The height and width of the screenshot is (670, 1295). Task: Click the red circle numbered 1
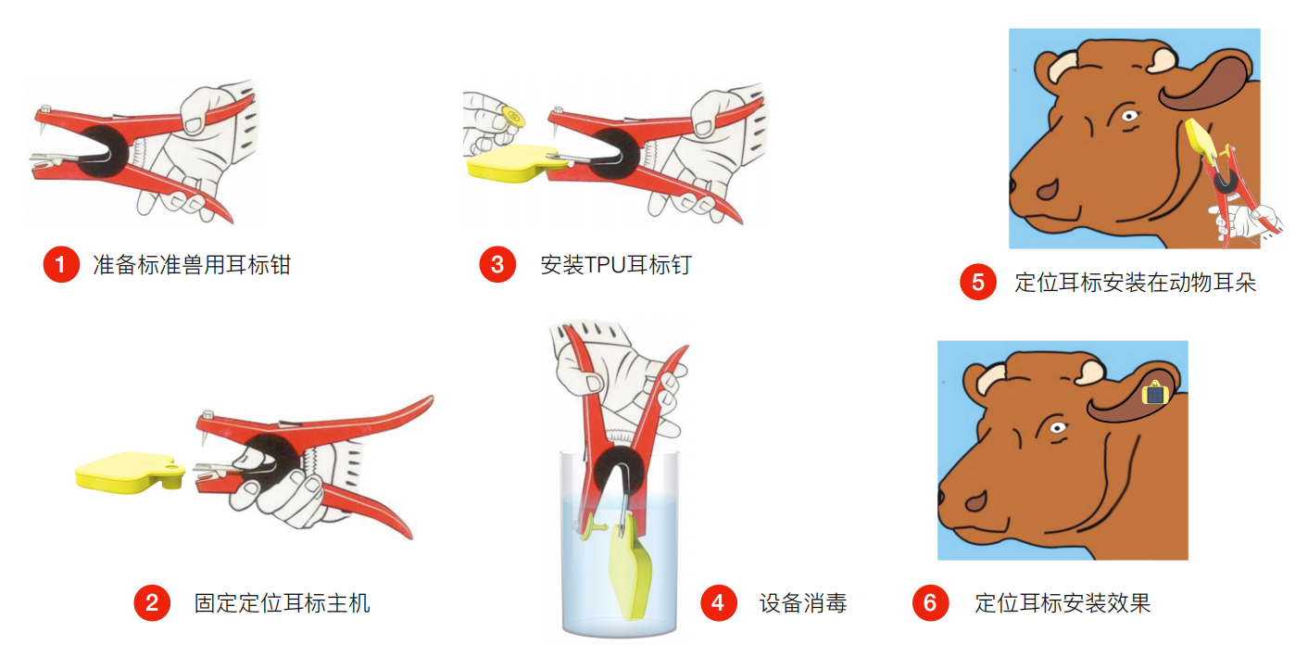[x=61, y=264]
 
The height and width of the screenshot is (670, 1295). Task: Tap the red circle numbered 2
[x=152, y=602]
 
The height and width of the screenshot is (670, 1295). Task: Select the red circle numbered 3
[x=497, y=264]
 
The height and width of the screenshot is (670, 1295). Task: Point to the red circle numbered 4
[x=719, y=602]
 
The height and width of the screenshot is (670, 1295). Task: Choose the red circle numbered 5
[x=978, y=282]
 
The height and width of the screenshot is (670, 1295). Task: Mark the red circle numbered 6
[x=930, y=602]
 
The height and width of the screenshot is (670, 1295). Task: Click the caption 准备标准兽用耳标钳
[x=192, y=265]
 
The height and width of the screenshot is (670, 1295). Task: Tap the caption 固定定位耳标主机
[x=283, y=603]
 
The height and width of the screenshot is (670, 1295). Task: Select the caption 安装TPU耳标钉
[x=616, y=265]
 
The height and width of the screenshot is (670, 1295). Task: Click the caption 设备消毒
[x=803, y=603]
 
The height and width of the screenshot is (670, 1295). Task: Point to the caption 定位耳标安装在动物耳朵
[x=1136, y=283]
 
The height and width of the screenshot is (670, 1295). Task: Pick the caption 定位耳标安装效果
[x=1062, y=603]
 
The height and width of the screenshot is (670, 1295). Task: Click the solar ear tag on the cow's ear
[x=1155, y=394]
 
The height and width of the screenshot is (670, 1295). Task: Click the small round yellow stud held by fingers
[x=512, y=118]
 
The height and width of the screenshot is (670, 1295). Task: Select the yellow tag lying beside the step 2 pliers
[x=130, y=473]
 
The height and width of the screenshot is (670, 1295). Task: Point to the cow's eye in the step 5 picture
[x=1129, y=116]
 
